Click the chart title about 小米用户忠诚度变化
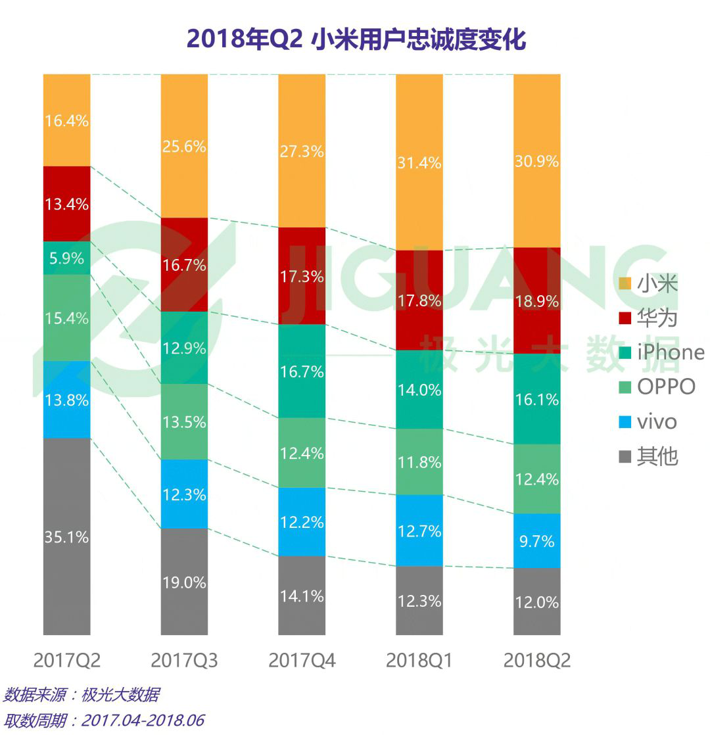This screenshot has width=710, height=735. (x=356, y=39)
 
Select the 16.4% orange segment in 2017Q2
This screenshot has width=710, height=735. (x=66, y=120)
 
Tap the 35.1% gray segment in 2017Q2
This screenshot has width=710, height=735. (x=66, y=536)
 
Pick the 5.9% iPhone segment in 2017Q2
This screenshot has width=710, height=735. (x=66, y=258)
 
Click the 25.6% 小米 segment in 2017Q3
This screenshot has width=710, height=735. (x=184, y=146)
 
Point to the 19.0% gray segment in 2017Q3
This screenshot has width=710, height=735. (x=184, y=582)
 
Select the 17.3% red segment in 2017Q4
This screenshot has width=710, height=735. (x=302, y=276)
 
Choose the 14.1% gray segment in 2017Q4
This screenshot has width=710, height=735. (x=302, y=596)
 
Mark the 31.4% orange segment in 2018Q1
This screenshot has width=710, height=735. (x=419, y=162)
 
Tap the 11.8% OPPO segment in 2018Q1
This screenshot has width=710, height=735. (x=419, y=462)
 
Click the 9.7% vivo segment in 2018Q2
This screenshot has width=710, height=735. (x=536, y=540)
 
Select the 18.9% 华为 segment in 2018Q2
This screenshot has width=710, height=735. (x=536, y=300)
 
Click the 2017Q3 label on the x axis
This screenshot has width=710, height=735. (x=184, y=660)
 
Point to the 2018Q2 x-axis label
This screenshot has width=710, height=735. (x=536, y=660)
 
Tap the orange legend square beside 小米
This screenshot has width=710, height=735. (x=625, y=284)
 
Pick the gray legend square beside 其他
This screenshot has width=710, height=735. (x=625, y=456)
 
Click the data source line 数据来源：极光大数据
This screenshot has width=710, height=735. (x=82, y=695)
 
